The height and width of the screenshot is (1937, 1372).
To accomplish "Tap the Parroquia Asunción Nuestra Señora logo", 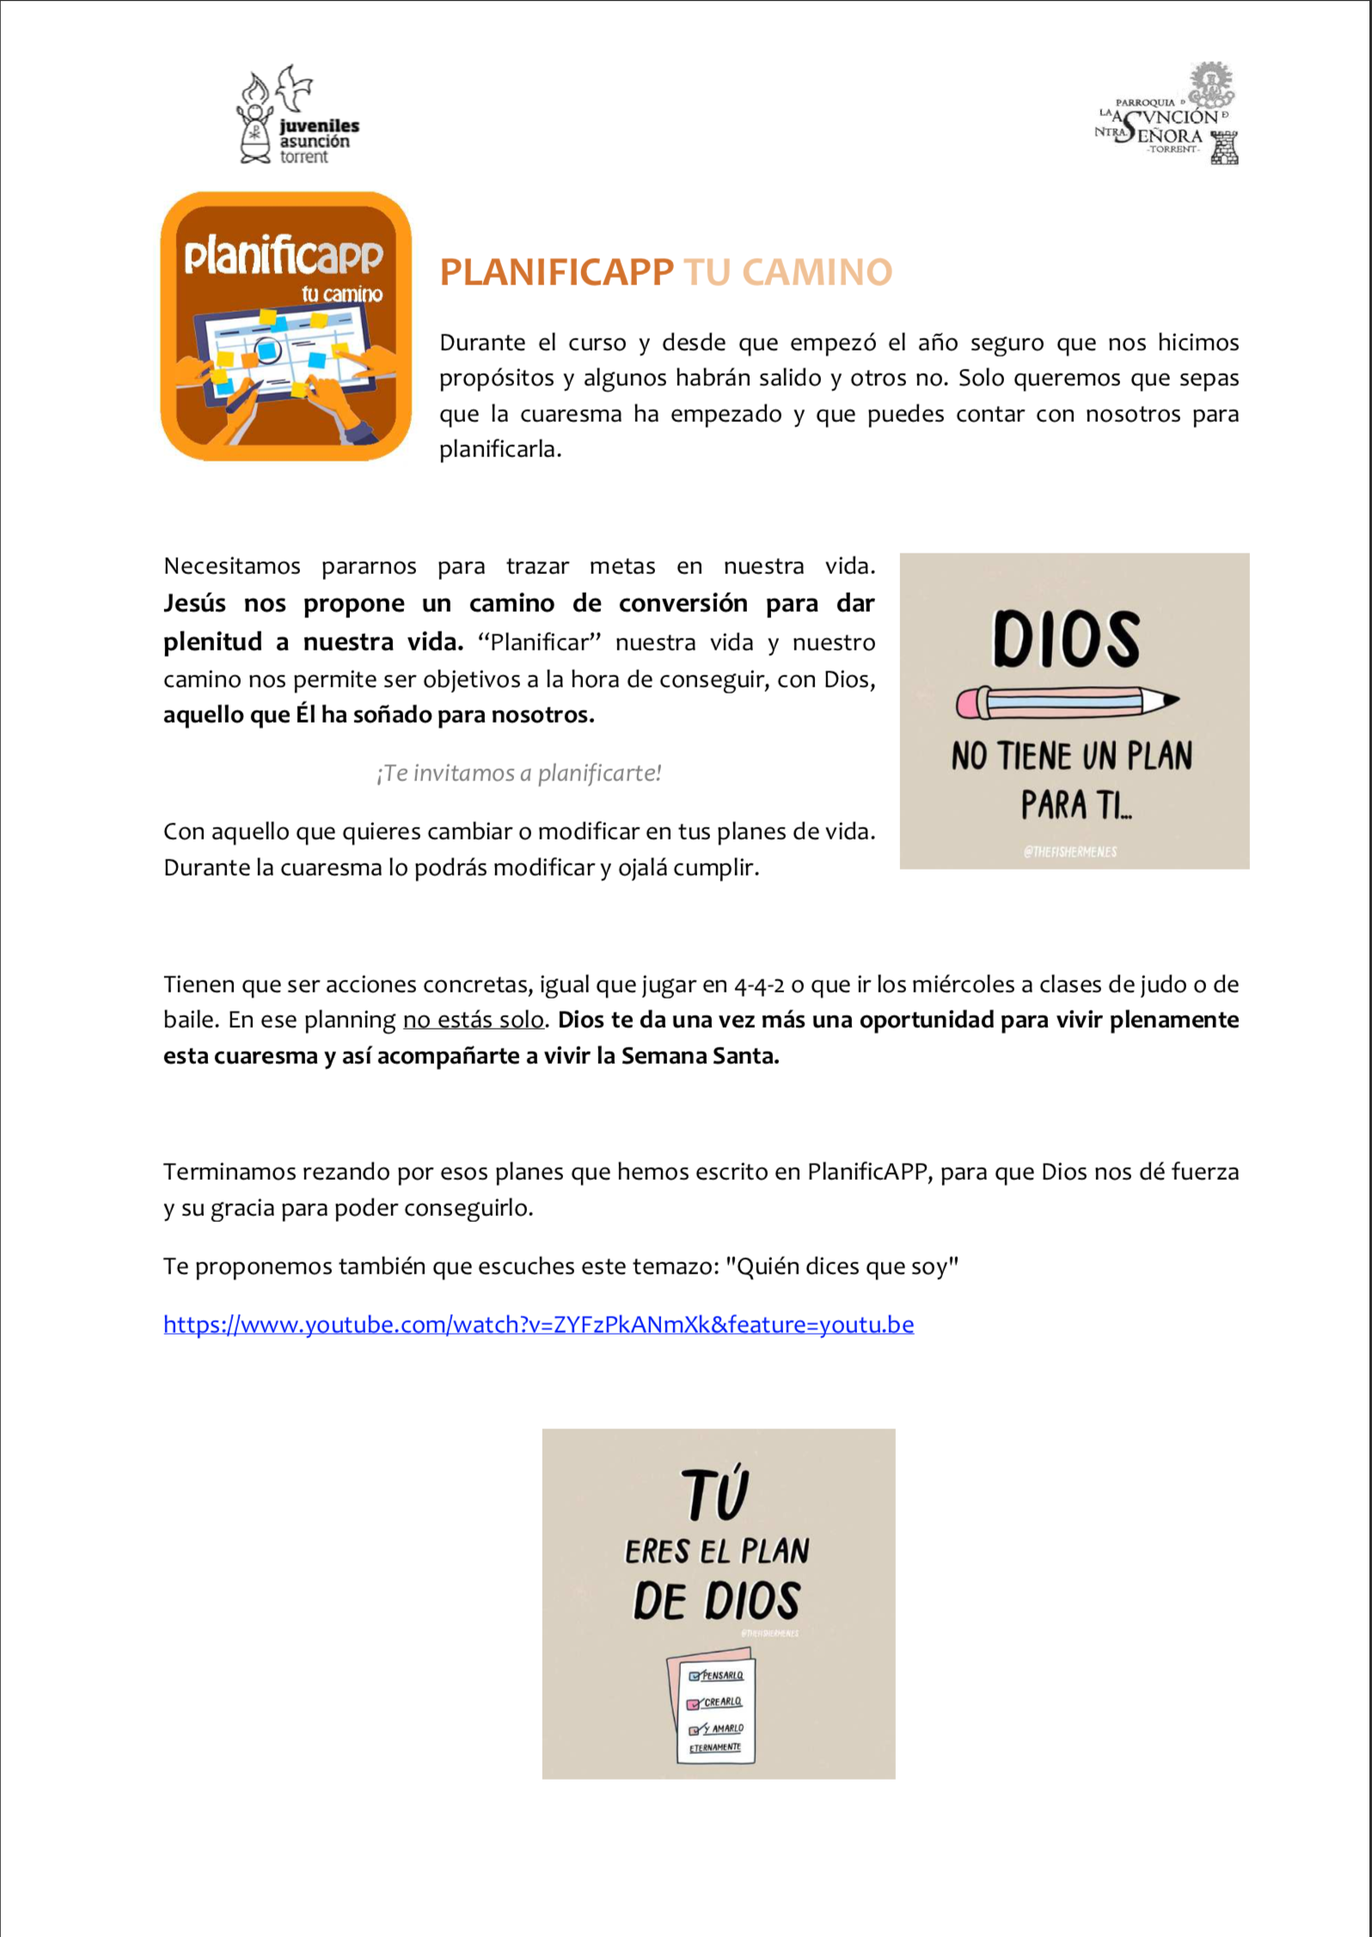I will pos(1167,115).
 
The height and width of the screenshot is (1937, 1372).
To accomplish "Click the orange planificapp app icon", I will pos(285,327).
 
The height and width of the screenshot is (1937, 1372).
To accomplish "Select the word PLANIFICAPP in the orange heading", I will pos(556,272).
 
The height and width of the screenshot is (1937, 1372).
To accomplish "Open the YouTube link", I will pos(538,1324).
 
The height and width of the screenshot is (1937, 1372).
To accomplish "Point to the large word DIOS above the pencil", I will pos(1066,639).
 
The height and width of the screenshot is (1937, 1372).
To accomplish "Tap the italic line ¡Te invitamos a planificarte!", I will pos(518,773).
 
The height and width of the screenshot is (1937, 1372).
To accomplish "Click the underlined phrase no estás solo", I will pos(473,1020).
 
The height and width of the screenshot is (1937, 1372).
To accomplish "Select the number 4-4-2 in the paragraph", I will pos(759,985).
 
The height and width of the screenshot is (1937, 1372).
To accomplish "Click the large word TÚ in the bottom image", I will pos(714,1495).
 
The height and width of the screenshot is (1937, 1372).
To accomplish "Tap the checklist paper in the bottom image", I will pos(713,1707).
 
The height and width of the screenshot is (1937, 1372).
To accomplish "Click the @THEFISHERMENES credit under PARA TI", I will pos(1070,852).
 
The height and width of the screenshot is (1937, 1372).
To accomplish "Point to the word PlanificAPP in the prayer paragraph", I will pos(867,1172).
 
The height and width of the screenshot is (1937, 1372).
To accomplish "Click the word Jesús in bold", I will pos(194,603).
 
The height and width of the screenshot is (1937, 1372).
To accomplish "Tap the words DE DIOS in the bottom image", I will pos(717,1602).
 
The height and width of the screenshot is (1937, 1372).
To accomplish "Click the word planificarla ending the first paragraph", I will pos(499,449).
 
